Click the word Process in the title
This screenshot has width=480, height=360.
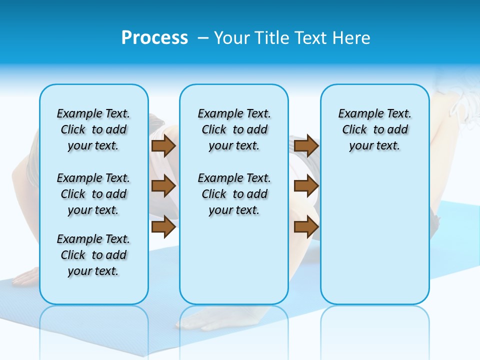pyautogui.click(x=154, y=38)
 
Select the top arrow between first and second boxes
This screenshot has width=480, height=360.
pyautogui.click(x=163, y=145)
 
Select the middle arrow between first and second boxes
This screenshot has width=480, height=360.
pyautogui.click(x=163, y=186)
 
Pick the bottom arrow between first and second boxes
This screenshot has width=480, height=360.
pyautogui.click(x=163, y=227)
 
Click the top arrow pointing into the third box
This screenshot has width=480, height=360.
pyautogui.click(x=306, y=145)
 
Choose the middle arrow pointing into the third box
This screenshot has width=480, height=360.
pyautogui.click(x=306, y=186)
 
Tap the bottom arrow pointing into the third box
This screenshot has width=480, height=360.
pyautogui.click(x=306, y=227)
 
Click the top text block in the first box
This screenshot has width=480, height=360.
pyautogui.click(x=93, y=129)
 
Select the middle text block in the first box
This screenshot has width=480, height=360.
pyautogui.click(x=93, y=194)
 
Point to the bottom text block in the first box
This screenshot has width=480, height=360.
pyautogui.click(x=93, y=255)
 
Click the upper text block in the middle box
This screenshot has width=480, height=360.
pyautogui.click(x=234, y=129)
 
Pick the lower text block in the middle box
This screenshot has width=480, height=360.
pyautogui.click(x=234, y=194)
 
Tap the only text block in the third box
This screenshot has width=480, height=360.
pyautogui.click(x=374, y=129)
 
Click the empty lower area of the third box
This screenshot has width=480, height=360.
pyautogui.click(x=374, y=240)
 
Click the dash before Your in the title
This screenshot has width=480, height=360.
pyautogui.click(x=203, y=38)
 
